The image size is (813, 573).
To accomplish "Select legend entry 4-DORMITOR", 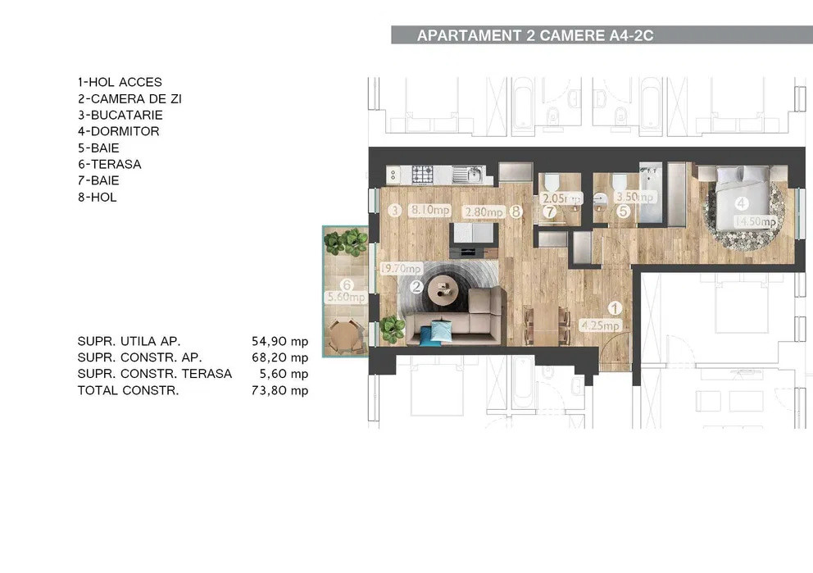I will point(118,131).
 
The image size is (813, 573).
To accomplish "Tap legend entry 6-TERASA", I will point(109,164).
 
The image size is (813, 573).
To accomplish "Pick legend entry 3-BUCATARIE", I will point(120,115).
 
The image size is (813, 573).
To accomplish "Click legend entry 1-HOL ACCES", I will point(120,82).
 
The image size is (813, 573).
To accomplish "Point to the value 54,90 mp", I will point(281,341).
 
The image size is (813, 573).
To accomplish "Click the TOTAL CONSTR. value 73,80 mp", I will point(281,390).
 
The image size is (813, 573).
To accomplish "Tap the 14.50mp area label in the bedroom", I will point(755,221).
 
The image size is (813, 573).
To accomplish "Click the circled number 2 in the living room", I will point(416,287).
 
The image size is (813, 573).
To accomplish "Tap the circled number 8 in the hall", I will point(516,211).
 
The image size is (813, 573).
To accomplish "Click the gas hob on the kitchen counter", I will point(422,174).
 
